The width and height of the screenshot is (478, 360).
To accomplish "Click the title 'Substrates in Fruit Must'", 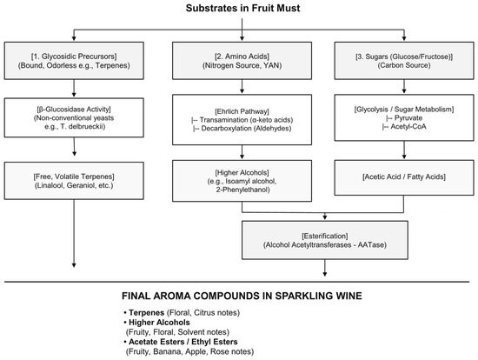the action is (242, 8).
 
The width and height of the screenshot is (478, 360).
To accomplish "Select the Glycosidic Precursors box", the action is (74, 61).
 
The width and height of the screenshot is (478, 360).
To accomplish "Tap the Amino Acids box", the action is (242, 61).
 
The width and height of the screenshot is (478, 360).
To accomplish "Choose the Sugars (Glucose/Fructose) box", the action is (404, 61).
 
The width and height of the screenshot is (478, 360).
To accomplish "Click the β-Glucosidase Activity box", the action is (74, 117).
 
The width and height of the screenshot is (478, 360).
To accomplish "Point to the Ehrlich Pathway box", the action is (242, 120).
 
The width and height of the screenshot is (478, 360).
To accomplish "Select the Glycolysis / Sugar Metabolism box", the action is (404, 117).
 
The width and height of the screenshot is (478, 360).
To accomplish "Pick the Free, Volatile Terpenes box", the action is (74, 181).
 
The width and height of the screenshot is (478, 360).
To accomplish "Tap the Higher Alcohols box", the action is (242, 181).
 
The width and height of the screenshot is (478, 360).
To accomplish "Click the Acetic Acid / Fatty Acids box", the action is (404, 177).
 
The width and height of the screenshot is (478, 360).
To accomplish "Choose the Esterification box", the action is (325, 240).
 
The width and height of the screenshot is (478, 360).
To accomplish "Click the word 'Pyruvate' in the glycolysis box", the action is (408, 118).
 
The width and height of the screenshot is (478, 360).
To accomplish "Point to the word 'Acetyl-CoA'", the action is (408, 127).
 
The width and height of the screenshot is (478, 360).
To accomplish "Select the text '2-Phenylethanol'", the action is (242, 190).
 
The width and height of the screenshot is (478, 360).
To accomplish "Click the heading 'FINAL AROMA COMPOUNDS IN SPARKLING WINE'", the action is (242, 296).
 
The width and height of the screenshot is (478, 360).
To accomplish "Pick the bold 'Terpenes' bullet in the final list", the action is (147, 313).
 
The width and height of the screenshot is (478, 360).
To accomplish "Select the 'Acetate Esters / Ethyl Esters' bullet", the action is (183, 342).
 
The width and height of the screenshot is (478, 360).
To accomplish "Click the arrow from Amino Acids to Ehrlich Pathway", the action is (242, 86).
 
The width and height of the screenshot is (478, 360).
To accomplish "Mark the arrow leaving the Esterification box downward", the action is (325, 268).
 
